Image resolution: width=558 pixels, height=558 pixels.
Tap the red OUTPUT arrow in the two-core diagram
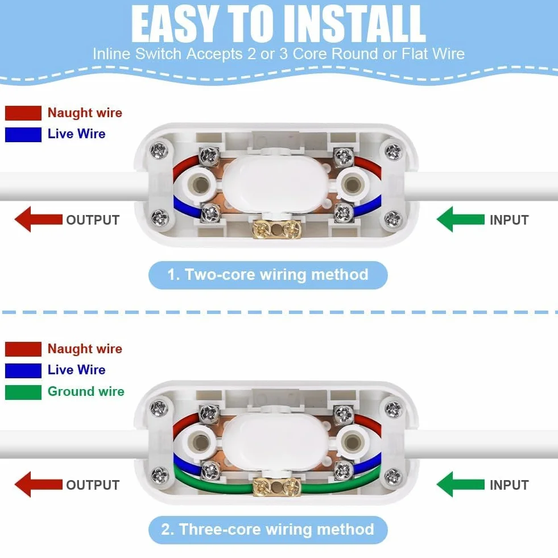point(39,219)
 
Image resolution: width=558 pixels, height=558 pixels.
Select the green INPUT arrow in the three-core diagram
point(461,484)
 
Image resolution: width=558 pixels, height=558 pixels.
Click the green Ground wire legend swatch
point(23,392)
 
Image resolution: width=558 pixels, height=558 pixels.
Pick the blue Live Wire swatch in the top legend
point(23,134)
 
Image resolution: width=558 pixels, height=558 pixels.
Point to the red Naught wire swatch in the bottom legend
point(23,349)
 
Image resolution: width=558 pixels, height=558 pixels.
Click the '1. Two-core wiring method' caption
point(267,275)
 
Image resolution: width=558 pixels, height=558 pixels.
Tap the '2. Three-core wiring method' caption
point(267,530)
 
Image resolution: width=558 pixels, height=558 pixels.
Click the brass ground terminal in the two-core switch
point(276,229)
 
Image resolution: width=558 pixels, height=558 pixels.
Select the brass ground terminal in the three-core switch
point(276,487)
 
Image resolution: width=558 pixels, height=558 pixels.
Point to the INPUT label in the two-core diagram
point(509,220)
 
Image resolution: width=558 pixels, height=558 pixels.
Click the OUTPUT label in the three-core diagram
point(93,485)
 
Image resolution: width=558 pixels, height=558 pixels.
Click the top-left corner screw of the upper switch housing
point(159,150)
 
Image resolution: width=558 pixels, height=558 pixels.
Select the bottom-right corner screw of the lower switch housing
point(393,476)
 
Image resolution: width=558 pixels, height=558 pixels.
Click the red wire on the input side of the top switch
point(369,164)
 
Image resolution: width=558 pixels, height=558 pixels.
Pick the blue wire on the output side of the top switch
point(186,207)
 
